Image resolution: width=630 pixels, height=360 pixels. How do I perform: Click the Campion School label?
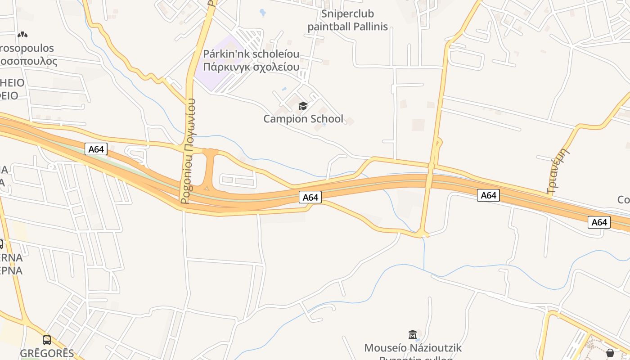tap(303, 119)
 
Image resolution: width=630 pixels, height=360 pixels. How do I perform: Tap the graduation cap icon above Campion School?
tap(303, 106)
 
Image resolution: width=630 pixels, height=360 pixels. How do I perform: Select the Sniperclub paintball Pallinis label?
tap(347, 20)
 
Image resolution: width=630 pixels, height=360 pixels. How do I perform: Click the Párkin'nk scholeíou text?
tap(251, 54)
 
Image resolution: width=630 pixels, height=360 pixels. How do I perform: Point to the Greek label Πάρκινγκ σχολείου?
tap(251, 67)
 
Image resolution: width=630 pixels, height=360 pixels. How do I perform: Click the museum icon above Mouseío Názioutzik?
tap(413, 334)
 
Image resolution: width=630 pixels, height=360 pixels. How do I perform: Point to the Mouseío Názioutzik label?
tap(413, 348)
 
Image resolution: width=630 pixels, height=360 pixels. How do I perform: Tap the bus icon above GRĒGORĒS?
tap(47, 340)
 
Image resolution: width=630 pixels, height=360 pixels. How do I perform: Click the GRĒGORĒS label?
tap(47, 353)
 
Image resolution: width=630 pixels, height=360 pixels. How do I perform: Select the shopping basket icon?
tap(610, 353)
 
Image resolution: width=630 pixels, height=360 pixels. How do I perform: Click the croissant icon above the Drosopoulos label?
tap(22, 34)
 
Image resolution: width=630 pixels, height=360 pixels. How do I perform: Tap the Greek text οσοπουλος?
tap(29, 61)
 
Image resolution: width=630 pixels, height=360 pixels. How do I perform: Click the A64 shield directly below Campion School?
tap(310, 197)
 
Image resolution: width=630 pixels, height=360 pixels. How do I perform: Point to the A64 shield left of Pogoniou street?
tap(96, 149)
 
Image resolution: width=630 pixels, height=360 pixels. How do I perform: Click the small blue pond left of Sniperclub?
tap(263, 12)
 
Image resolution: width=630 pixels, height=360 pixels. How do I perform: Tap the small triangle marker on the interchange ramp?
tap(207, 187)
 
